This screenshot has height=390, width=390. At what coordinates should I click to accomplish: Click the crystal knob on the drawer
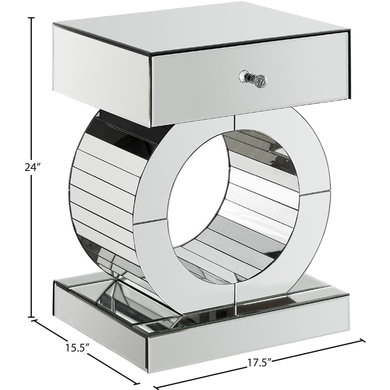254,78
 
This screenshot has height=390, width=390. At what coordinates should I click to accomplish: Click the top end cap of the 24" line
32,18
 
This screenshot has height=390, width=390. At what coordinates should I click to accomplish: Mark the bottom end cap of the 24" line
32,316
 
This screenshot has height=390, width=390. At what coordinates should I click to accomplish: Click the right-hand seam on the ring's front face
314,194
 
